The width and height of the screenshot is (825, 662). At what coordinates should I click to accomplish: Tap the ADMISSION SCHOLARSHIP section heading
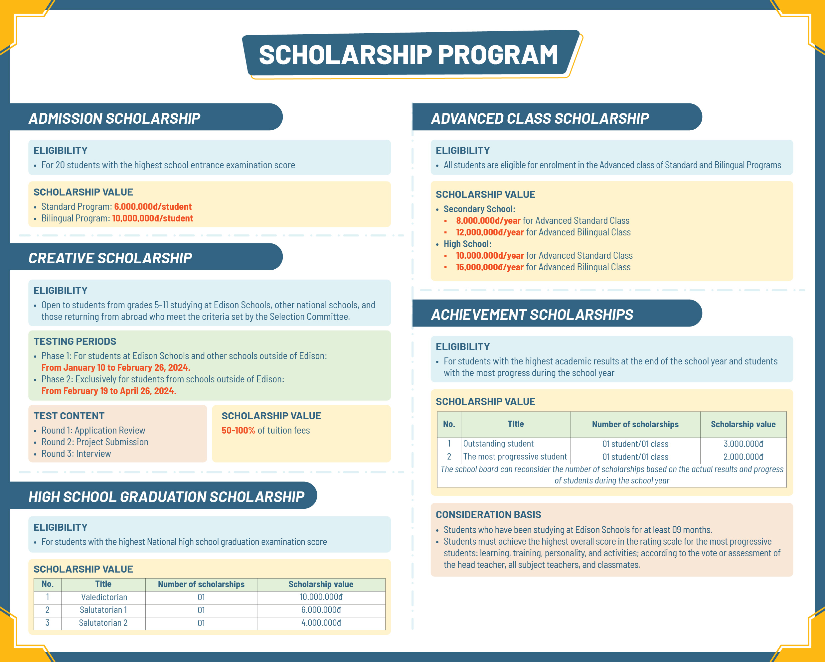114,119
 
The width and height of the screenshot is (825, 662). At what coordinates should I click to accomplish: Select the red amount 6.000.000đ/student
153,206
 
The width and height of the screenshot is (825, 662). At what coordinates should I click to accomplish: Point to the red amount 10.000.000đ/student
152,218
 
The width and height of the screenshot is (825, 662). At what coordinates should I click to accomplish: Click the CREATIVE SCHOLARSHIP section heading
110,258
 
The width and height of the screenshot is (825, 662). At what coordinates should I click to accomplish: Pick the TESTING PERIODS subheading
75,341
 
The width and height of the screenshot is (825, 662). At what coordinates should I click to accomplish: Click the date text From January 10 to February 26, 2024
115,367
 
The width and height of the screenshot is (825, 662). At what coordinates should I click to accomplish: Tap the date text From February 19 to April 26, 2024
109,391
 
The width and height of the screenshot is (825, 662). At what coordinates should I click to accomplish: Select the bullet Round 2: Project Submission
94,442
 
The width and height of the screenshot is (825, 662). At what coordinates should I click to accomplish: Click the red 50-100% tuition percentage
238,430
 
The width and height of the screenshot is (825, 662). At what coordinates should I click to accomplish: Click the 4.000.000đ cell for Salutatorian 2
321,623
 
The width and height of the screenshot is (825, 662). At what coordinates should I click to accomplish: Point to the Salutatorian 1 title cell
103,610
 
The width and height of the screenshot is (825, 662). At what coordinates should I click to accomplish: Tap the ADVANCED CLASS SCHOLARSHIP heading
540,119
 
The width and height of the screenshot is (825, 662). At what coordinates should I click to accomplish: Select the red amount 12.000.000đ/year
489,232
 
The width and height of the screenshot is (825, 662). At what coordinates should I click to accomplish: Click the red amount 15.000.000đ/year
489,267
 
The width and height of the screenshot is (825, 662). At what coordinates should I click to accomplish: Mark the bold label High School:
467,244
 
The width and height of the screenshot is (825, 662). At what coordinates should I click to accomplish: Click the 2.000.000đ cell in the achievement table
743,457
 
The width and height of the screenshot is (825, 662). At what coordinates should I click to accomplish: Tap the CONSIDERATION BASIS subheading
488,515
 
